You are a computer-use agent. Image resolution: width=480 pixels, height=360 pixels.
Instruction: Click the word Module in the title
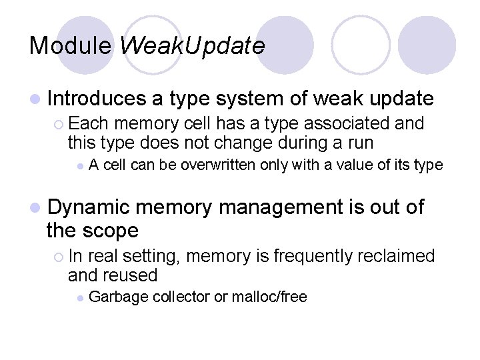(x=71, y=45)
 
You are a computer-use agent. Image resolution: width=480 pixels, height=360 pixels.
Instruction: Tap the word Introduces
(x=96, y=99)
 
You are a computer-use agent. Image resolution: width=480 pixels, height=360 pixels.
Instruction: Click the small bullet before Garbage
(x=80, y=298)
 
